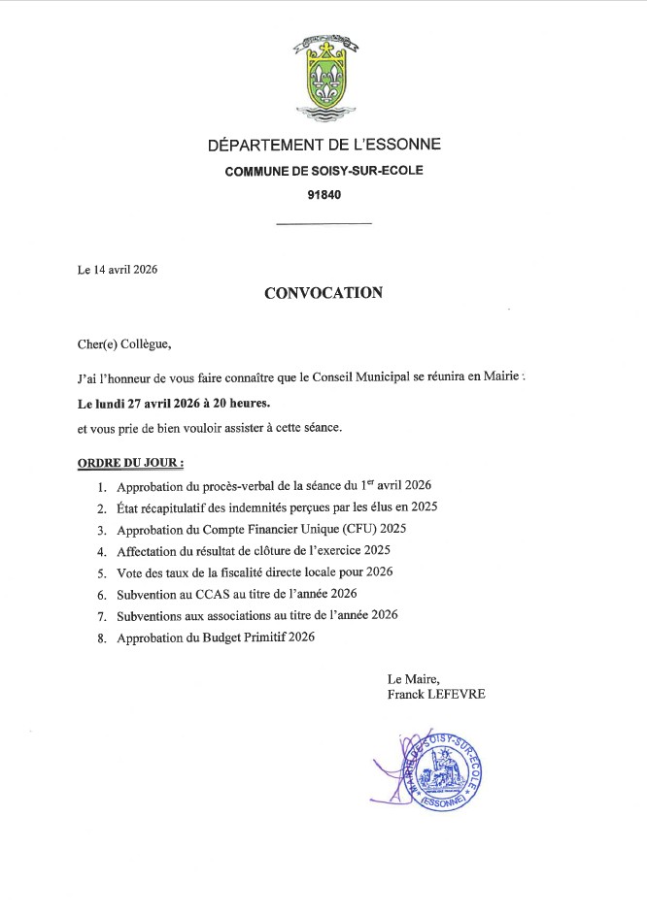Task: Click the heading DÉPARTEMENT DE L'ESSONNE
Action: coord(323,146)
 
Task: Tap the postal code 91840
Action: coord(323,194)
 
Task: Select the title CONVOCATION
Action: coord(323,292)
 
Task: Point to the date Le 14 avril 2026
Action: coord(118,270)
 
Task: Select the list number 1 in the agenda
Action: coord(102,486)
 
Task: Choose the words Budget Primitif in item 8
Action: coord(243,637)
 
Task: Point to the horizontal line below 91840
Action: coord(323,225)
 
